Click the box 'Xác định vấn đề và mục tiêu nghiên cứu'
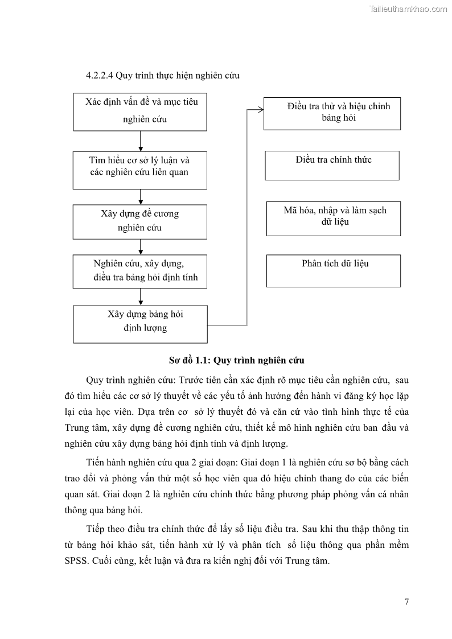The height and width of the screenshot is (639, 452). [140, 111]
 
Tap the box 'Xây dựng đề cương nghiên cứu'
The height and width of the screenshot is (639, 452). [140, 221]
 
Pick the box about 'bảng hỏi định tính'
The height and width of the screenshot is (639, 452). [140, 271]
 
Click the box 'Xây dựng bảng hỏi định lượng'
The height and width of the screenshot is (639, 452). [140, 324]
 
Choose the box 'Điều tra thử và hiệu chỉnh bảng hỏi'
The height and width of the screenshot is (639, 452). [332, 112]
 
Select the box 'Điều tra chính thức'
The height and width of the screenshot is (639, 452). [332, 165]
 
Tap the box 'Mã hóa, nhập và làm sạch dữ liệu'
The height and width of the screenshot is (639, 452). [333, 218]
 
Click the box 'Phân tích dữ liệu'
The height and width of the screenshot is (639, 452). [333, 270]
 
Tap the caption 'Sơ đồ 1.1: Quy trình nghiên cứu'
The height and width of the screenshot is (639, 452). [236, 360]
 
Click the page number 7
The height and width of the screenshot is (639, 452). [406, 603]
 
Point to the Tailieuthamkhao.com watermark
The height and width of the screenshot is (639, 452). [408, 9]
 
